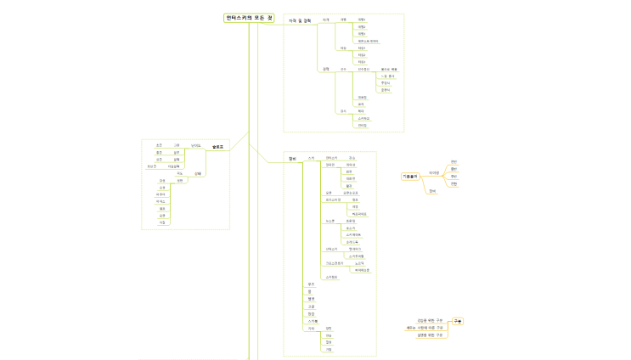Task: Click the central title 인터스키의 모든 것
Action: point(249,18)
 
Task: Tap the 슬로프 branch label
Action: point(217,147)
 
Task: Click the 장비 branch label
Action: point(292,158)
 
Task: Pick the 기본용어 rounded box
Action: point(412,176)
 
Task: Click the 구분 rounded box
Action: point(458,322)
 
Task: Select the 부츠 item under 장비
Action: point(311,284)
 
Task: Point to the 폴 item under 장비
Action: point(310,291)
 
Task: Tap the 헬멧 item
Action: point(311,299)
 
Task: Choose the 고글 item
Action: point(311,307)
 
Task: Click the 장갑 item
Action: point(311,314)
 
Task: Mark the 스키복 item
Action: point(312,322)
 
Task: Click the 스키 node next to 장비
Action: point(311,158)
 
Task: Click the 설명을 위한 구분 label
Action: point(430,335)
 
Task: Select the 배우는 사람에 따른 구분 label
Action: point(425,328)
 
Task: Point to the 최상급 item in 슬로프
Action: point(151,166)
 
